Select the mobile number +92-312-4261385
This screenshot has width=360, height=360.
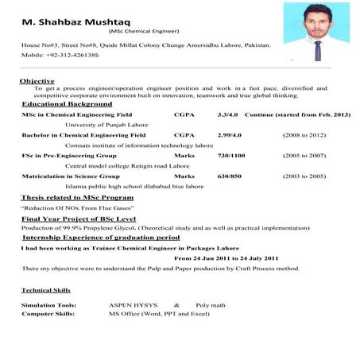pyautogui.click(x=74, y=55)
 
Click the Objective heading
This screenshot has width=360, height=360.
pyautogui.click(x=37, y=81)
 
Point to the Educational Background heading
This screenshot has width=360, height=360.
pyautogui.click(x=67, y=104)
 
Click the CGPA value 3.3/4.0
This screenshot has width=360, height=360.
pyautogui.click(x=228, y=115)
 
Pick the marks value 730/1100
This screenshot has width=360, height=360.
pyautogui.click(x=230, y=156)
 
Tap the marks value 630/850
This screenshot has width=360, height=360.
pyautogui.click(x=229, y=176)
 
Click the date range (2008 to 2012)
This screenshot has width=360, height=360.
pyautogui.click(x=304, y=136)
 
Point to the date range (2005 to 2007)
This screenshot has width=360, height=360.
pyautogui.click(x=304, y=156)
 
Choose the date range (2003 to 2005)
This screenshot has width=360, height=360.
pyautogui.click(x=304, y=176)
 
